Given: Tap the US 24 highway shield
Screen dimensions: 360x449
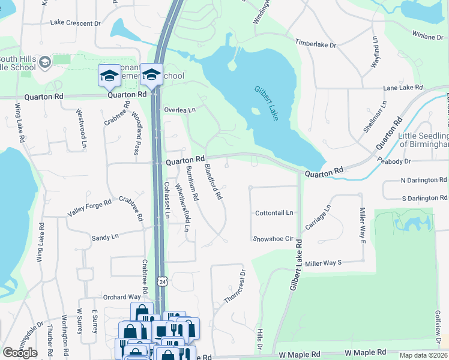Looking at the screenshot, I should click(x=162, y=281).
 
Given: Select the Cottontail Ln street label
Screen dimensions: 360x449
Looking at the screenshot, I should click(x=274, y=213).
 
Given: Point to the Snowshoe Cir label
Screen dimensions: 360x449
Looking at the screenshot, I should click(x=273, y=238).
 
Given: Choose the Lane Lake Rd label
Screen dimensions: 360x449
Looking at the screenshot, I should click(x=403, y=88).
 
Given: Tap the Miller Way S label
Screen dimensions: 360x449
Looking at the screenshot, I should click(x=323, y=263).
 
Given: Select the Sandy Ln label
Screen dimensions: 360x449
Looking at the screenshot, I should click(x=105, y=238).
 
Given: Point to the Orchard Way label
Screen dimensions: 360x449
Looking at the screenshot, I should click(x=121, y=296).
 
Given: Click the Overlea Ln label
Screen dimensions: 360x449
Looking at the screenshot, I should click(x=180, y=110).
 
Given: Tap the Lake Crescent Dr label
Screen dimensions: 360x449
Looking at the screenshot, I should click(x=76, y=23).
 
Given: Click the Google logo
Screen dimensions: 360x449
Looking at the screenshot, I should click(x=20, y=352).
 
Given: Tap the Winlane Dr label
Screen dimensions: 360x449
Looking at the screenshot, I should click(x=427, y=37).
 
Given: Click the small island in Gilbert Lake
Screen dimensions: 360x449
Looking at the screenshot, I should click(x=256, y=111).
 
